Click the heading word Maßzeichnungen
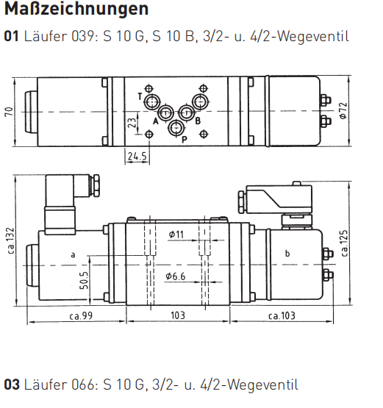click(76, 10)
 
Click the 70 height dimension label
click(9, 112)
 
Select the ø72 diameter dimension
click(343, 111)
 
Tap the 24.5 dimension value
click(137, 156)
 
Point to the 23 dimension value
click(132, 123)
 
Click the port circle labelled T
click(152, 101)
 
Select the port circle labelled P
click(176, 128)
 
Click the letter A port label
click(156, 121)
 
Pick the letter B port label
click(198, 121)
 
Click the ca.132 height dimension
click(11, 240)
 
